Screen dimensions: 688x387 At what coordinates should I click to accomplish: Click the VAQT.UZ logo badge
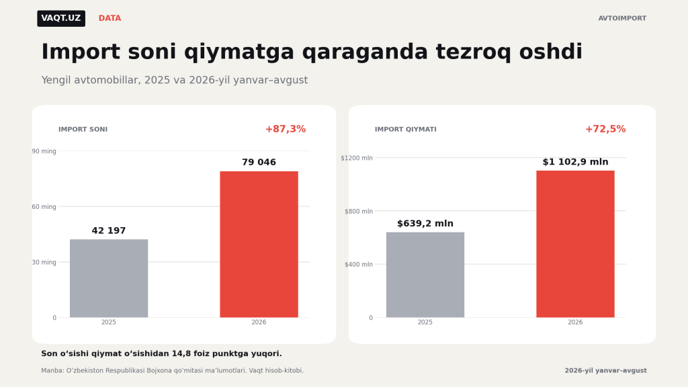pyautogui.click(x=61, y=18)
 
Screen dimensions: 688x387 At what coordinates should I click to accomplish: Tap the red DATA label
pyautogui.click(x=110, y=18)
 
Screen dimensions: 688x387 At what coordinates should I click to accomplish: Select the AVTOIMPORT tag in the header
pyautogui.click(x=622, y=18)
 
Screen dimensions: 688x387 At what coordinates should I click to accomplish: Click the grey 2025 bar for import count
pyautogui.click(x=109, y=278)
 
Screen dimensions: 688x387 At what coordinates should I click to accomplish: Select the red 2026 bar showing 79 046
pyautogui.click(x=259, y=245)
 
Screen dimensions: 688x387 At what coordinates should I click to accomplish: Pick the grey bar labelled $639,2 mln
pyautogui.click(x=425, y=275)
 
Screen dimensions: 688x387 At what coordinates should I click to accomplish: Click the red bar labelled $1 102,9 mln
pyautogui.click(x=575, y=244)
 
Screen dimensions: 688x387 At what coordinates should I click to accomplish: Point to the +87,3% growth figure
pyautogui.click(x=286, y=129)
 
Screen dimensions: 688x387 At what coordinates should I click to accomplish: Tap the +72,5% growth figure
pyautogui.click(x=605, y=129)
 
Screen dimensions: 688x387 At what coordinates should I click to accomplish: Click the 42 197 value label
pyautogui.click(x=109, y=231)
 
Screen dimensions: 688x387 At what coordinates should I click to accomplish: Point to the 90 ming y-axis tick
pyautogui.click(x=44, y=151)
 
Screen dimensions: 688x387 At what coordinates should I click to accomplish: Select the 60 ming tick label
pyautogui.click(x=44, y=207)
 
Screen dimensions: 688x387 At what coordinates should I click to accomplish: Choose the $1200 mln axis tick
pyautogui.click(x=357, y=158)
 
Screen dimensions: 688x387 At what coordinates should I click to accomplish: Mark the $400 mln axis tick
pyautogui.click(x=359, y=265)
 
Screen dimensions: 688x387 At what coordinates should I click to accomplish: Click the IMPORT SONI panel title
pyautogui.click(x=83, y=130)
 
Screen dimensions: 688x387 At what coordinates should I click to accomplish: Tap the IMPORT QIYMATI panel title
pyautogui.click(x=405, y=130)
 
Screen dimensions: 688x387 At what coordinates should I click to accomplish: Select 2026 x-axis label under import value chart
pyautogui.click(x=575, y=322)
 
